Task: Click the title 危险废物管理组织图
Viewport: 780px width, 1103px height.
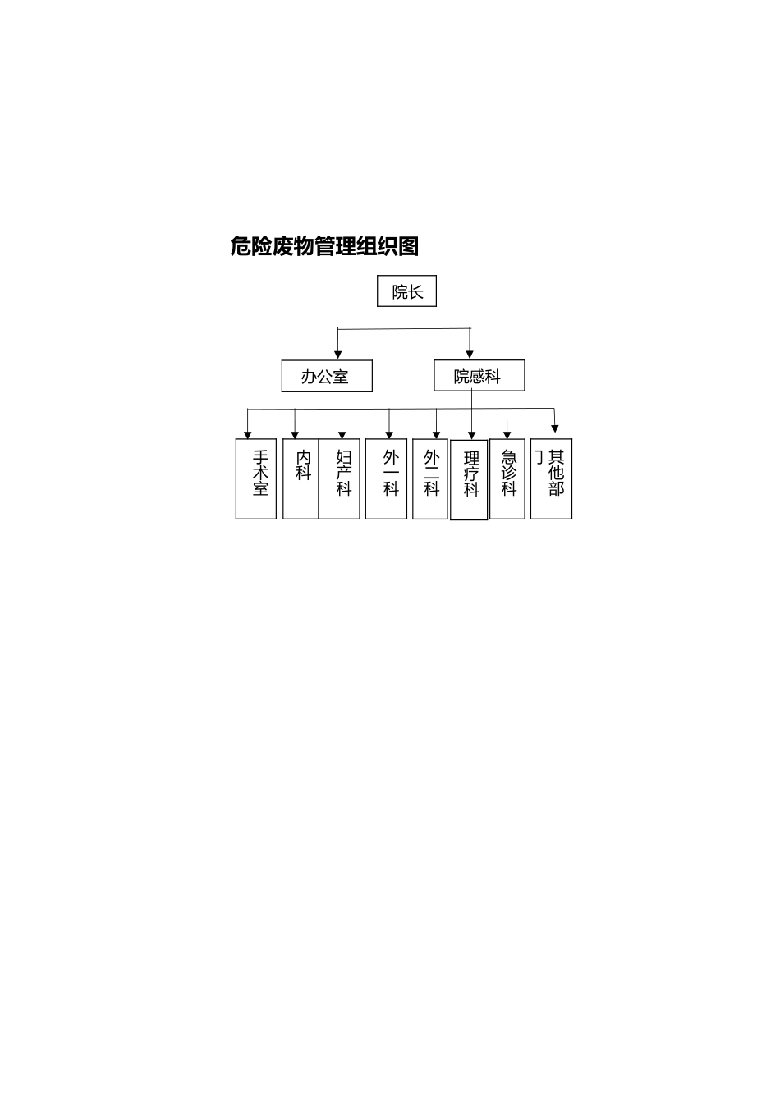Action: point(324,246)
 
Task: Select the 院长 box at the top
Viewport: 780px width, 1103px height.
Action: point(406,291)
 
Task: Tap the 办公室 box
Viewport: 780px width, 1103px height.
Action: point(326,377)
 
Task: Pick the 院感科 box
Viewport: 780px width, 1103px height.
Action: point(479,377)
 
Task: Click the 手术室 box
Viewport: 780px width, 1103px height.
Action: point(256,478)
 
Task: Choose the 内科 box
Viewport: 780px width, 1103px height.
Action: point(301,478)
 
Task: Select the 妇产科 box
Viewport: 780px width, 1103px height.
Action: point(340,478)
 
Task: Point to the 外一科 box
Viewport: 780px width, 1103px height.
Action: point(386,478)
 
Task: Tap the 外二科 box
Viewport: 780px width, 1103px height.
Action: point(430,478)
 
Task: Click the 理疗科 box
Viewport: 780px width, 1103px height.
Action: point(469,480)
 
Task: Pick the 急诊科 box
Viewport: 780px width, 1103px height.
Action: point(507,478)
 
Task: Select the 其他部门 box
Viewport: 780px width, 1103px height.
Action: point(552,478)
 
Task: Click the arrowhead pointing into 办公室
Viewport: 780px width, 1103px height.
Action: point(337,355)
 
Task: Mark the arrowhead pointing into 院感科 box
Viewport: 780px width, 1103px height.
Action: point(470,355)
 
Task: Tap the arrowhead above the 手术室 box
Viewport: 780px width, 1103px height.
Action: point(248,434)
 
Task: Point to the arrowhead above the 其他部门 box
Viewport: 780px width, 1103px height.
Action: point(555,428)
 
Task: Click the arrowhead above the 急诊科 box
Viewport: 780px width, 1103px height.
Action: point(507,434)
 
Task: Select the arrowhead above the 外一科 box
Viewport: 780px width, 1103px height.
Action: point(389,434)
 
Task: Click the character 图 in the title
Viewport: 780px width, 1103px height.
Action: point(408,246)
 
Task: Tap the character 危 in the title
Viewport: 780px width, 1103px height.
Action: point(241,246)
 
